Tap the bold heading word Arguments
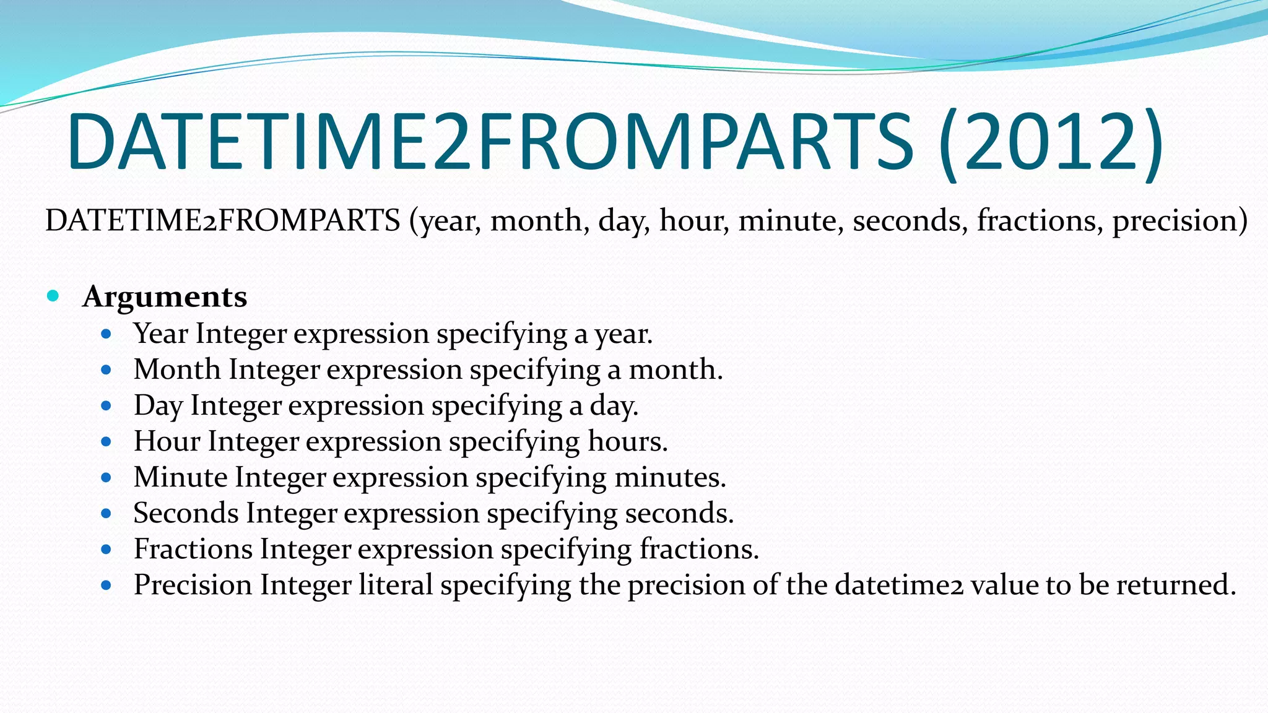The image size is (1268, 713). coord(165,296)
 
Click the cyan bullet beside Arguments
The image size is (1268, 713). coord(53,296)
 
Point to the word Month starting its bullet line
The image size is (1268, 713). coord(177,369)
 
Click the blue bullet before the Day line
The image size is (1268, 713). coord(106,406)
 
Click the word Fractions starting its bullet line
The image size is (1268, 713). coord(193,549)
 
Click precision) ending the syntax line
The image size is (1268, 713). coord(1180,221)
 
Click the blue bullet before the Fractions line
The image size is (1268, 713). coord(106,549)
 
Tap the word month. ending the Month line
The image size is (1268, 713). coord(675,369)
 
